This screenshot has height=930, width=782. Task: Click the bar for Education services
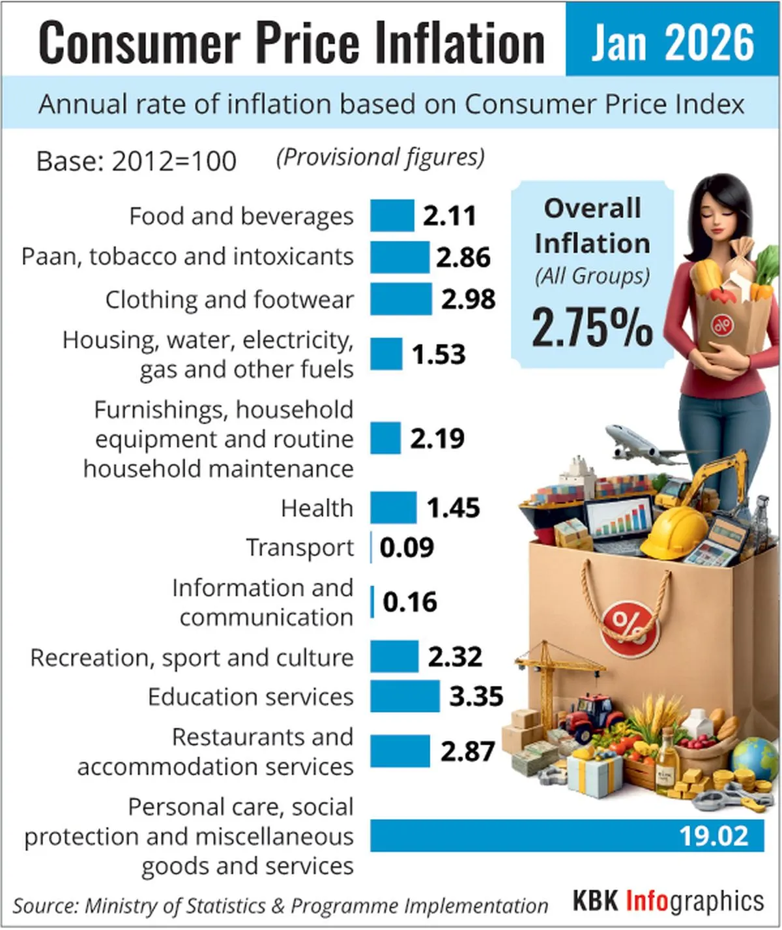pyautogui.click(x=405, y=696)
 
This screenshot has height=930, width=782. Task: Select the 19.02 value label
pyautogui.click(x=714, y=835)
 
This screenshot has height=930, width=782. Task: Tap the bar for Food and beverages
pyautogui.click(x=392, y=215)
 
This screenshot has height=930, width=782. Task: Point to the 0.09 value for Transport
pyautogui.click(x=407, y=547)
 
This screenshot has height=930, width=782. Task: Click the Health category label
pyautogui.click(x=317, y=508)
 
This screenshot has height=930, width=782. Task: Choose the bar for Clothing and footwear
pyautogui.click(x=401, y=299)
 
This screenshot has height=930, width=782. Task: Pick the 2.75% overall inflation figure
pyautogui.click(x=592, y=327)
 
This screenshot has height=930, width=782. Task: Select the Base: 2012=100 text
pyautogui.click(x=136, y=161)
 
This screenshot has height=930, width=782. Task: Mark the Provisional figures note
pyautogui.click(x=381, y=158)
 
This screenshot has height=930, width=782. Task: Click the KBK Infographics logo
pyautogui.click(x=668, y=902)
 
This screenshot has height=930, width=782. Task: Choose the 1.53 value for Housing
pyautogui.click(x=439, y=354)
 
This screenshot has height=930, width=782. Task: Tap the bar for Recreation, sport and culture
pyautogui.click(x=394, y=656)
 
